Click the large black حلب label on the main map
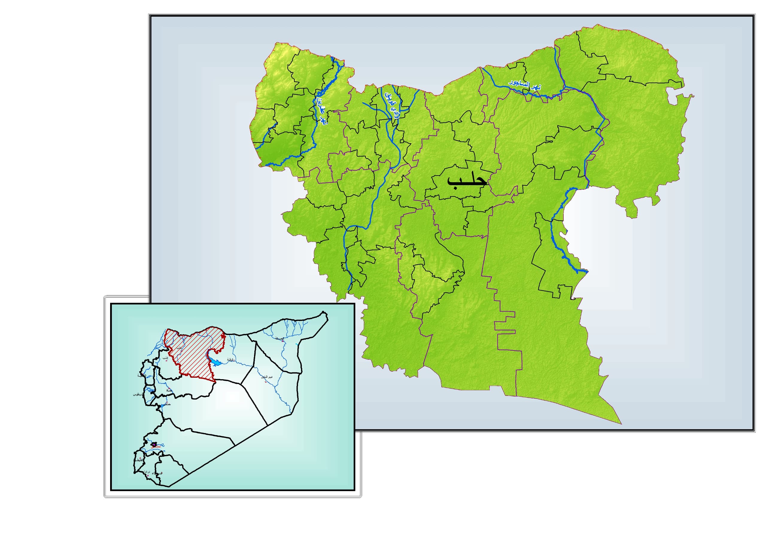(x=466, y=180)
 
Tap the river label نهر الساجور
(x=525, y=85)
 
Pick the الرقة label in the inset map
(x=231, y=359)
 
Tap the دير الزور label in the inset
(x=267, y=377)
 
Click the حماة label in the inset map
(x=169, y=390)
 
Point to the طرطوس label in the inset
(x=139, y=394)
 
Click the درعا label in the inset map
(x=147, y=472)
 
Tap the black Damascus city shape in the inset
(x=154, y=444)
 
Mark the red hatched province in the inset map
(x=197, y=353)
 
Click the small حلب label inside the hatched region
(x=179, y=347)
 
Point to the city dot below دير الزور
(x=266, y=382)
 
